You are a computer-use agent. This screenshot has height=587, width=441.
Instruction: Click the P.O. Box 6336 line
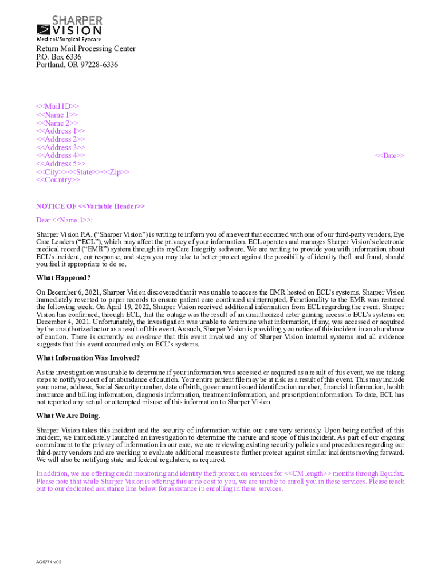click(x=58, y=57)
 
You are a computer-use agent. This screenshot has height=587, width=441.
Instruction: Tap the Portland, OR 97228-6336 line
click(x=77, y=65)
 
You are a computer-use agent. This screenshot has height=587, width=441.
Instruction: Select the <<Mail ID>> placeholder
click(x=57, y=106)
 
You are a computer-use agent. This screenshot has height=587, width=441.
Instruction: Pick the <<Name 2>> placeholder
click(x=57, y=123)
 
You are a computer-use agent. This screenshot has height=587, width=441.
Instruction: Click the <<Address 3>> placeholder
click(x=61, y=147)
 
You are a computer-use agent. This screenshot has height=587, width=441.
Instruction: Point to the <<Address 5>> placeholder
click(x=61, y=163)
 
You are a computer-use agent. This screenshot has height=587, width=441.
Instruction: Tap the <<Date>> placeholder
click(x=389, y=155)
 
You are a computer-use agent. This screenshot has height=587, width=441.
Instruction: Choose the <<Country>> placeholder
click(x=58, y=180)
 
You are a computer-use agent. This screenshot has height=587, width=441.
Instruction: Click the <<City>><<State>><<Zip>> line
click(x=82, y=172)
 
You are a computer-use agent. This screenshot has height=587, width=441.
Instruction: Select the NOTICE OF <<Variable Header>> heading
click(x=90, y=206)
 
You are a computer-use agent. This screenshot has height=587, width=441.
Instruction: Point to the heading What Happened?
click(x=64, y=278)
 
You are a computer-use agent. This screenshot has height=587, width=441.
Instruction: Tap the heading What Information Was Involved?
click(x=88, y=358)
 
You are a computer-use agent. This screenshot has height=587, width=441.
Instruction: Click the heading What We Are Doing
click(x=68, y=416)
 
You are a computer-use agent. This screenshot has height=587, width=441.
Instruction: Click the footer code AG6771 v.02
click(x=49, y=562)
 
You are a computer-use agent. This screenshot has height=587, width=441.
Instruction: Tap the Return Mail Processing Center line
click(x=85, y=49)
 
